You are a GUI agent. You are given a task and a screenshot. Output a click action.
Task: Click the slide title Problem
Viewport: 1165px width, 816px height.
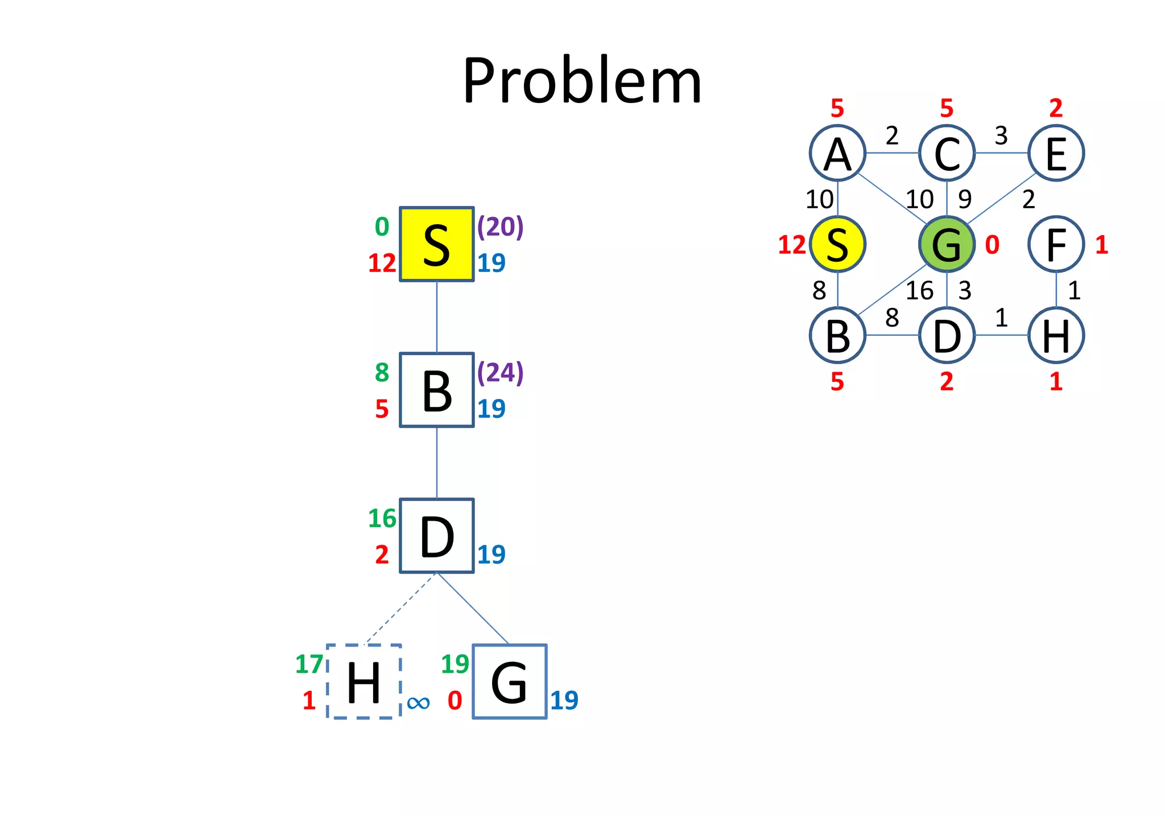click(582, 81)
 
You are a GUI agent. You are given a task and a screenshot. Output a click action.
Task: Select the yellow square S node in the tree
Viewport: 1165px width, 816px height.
click(437, 244)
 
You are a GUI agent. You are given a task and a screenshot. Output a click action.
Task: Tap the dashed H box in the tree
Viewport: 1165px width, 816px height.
click(364, 682)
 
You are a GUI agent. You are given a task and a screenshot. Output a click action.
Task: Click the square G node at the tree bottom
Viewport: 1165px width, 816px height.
click(510, 682)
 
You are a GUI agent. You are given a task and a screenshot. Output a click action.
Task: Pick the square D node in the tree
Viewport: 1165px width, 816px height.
click(437, 536)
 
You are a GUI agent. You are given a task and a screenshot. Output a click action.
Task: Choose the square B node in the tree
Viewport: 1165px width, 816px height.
click(437, 390)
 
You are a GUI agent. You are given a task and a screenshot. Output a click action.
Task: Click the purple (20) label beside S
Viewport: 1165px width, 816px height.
click(500, 226)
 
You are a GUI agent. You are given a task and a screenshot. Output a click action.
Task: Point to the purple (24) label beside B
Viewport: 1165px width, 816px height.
click(500, 372)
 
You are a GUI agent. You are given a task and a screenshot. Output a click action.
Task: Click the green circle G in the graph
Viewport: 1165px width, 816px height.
click(947, 244)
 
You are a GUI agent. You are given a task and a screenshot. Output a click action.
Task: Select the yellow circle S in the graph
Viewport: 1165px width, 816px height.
click(837, 244)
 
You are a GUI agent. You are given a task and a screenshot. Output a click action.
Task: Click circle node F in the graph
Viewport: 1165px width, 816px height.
click(1056, 244)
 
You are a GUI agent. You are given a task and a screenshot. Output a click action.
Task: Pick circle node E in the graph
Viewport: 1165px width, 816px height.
click(1056, 153)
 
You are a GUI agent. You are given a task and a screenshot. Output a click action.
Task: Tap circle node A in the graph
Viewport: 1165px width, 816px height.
click(837, 153)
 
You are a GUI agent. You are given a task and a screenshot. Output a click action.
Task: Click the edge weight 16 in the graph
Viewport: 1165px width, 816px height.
click(919, 291)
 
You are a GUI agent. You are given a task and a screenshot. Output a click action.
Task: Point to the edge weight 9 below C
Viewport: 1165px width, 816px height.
click(965, 199)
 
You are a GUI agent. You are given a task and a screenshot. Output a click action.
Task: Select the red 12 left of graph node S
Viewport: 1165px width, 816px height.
click(792, 245)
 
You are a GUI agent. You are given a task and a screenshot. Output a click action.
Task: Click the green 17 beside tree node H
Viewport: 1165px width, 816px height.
click(309, 664)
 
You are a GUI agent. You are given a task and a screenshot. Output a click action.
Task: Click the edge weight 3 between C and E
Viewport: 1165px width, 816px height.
click(1001, 136)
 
